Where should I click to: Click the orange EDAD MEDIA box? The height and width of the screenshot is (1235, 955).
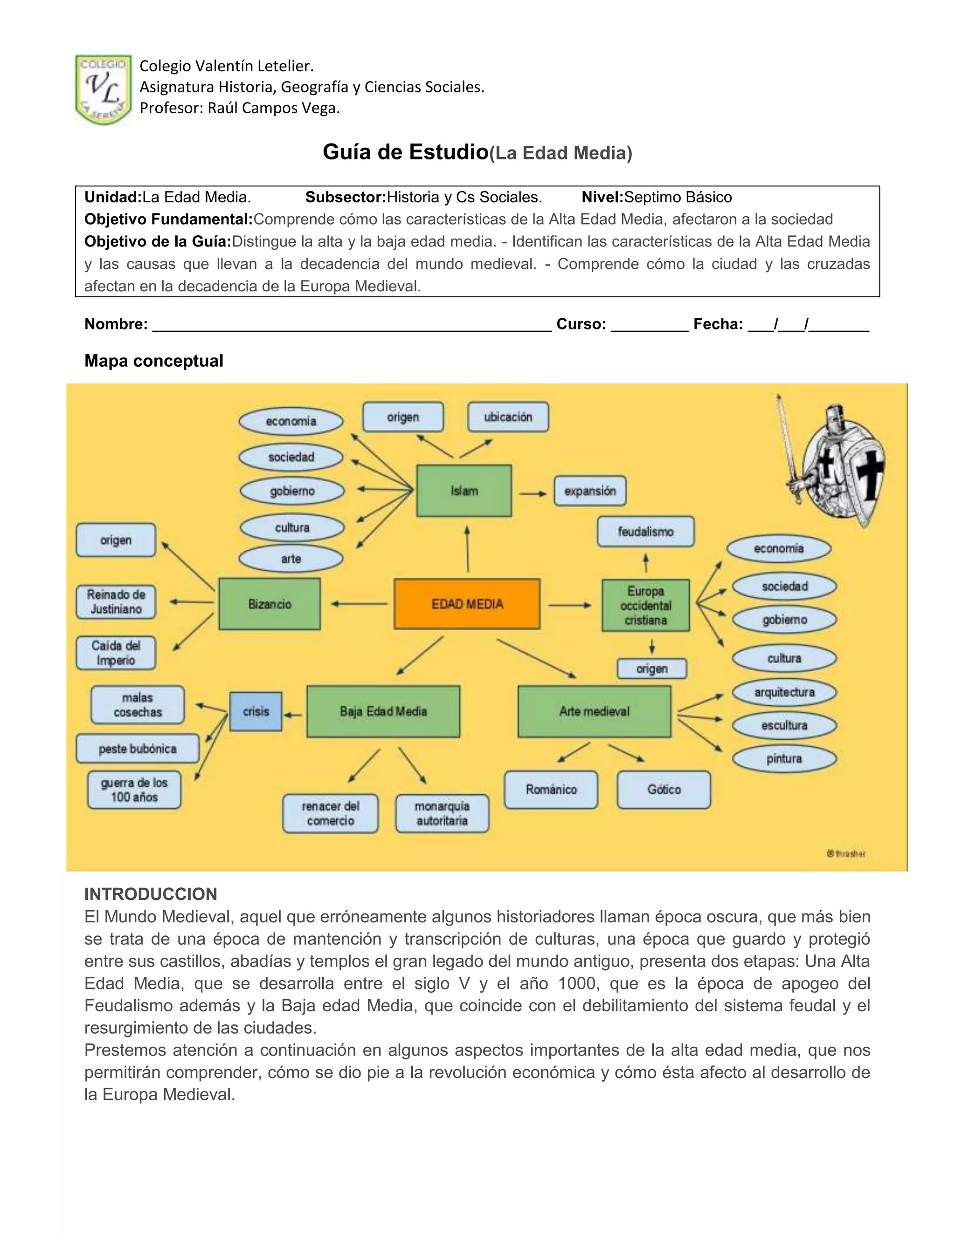coord(467,604)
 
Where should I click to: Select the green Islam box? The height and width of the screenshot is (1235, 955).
coord(464,491)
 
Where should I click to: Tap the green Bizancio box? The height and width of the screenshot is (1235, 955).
coord(270,604)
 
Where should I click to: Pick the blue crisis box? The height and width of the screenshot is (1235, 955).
coord(256,711)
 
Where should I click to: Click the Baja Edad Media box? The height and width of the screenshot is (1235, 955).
coord(383,711)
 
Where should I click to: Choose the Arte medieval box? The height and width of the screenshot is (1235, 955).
coord(594,711)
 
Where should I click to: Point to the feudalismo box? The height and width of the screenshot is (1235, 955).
coord(645,532)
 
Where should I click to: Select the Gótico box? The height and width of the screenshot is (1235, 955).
coord(664,789)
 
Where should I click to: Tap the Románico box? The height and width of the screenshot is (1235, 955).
coord(551,789)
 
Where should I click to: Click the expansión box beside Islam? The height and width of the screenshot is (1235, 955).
coord(590,491)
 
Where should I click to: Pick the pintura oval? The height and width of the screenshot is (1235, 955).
coord(784,758)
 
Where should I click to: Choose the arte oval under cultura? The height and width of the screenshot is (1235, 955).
coord(291,559)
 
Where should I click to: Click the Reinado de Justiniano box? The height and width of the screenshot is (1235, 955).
coord(116,602)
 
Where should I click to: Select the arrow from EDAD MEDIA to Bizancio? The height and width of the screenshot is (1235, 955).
coord(359,604)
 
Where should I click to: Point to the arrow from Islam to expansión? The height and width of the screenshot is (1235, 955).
coord(533,494)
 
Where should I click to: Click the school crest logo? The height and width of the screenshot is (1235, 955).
coord(104,89)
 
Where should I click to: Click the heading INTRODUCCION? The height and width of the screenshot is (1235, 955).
coord(151,894)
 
